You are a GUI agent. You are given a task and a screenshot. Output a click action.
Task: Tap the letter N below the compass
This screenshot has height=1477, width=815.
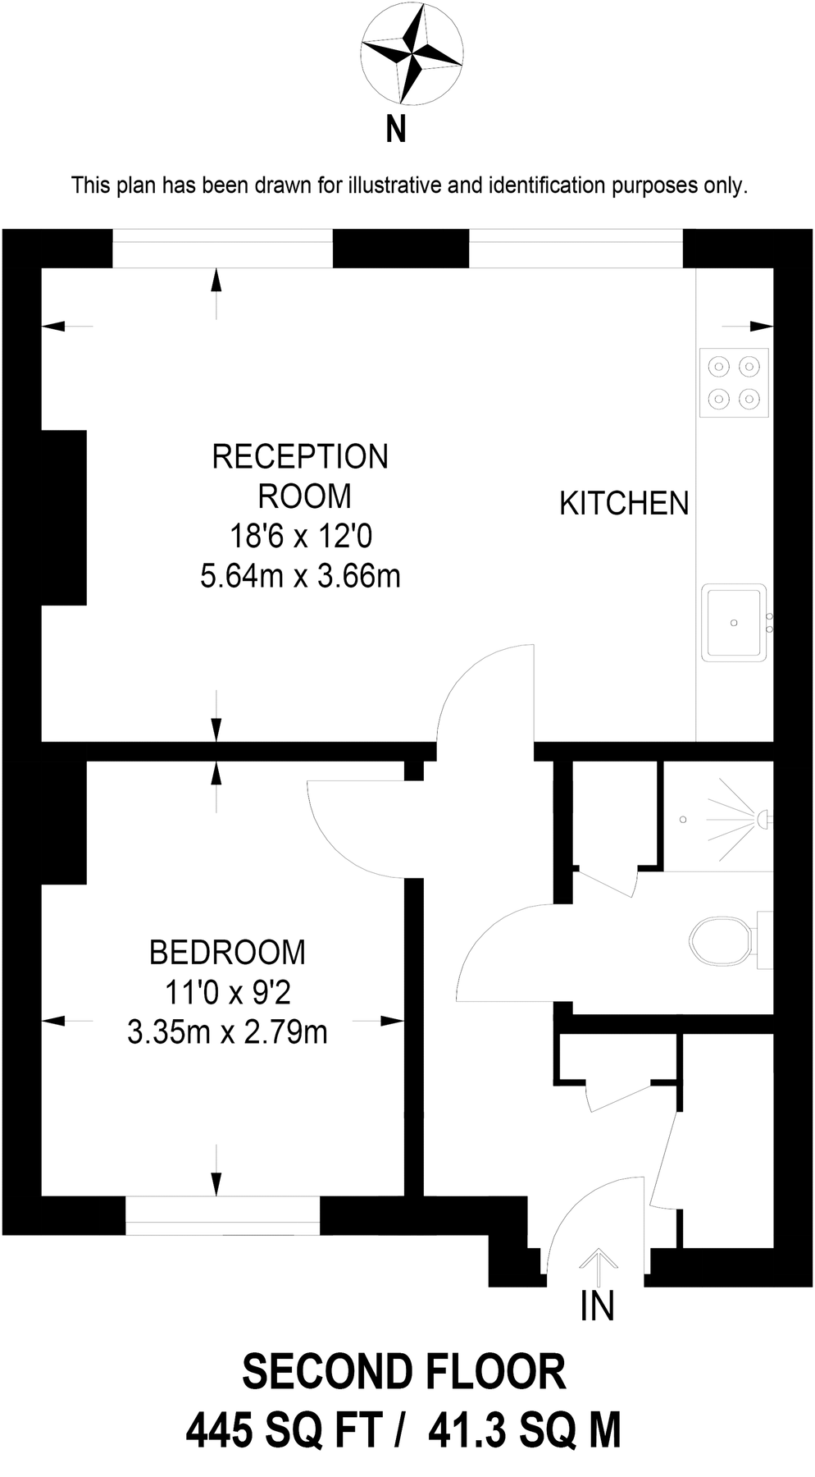click(396, 130)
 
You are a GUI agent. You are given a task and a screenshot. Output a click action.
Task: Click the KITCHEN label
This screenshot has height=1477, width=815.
click(624, 504)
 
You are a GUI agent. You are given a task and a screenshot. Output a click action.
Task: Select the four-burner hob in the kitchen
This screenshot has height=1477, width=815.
click(734, 382)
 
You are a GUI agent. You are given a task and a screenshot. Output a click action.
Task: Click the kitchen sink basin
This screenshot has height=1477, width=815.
click(734, 622)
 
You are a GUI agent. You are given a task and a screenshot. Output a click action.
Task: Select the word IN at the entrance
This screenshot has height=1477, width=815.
click(597, 1306)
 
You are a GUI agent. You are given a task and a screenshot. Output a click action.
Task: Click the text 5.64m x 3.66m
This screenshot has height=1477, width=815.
click(300, 576)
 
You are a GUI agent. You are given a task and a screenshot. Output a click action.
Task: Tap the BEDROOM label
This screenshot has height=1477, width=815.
click(227, 953)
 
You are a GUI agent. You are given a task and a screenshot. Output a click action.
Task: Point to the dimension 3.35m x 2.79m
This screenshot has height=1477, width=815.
click(227, 1031)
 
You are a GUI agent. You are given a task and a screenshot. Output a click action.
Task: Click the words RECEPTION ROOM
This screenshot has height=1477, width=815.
click(301, 476)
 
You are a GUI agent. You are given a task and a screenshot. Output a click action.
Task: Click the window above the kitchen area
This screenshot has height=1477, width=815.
click(575, 248)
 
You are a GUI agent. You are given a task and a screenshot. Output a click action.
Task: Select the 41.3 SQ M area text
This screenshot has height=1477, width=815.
click(525, 1431)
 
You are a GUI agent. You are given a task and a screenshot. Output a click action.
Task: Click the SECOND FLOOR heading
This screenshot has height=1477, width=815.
click(404, 1371)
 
